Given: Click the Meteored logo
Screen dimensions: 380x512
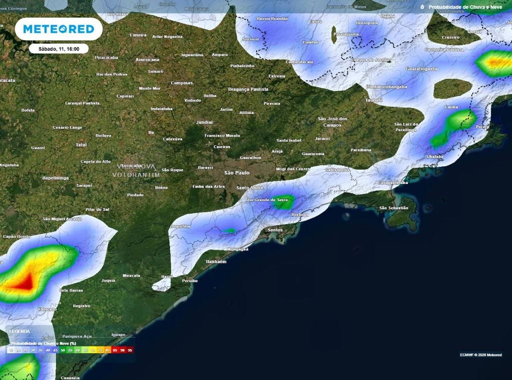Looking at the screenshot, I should [x=58, y=29].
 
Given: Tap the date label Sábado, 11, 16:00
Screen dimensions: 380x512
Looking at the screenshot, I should [x=58, y=48].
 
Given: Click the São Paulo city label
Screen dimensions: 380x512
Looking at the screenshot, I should [x=236, y=172].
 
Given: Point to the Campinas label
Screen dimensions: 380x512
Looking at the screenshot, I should [x=181, y=83].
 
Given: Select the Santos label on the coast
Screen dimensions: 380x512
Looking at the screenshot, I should [x=275, y=230].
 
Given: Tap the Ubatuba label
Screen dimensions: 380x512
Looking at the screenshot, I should [x=435, y=156].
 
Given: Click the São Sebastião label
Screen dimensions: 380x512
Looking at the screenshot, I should [x=393, y=207].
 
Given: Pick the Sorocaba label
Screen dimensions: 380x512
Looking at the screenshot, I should [x=131, y=165].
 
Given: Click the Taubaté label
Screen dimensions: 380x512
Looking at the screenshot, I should [x=373, y=100].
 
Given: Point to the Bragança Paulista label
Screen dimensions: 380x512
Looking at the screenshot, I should [x=248, y=89].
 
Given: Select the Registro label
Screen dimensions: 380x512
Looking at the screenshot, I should [x=81, y=305].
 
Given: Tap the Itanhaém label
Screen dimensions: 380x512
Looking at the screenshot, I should [x=216, y=261].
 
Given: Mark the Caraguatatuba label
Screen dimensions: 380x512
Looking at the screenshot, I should [x=393, y=183].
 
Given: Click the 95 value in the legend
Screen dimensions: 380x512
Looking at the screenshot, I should [x=130, y=351].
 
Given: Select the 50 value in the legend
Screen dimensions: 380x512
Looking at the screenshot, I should [x=63, y=351].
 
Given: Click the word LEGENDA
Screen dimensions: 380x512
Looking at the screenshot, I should [x=19, y=331].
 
